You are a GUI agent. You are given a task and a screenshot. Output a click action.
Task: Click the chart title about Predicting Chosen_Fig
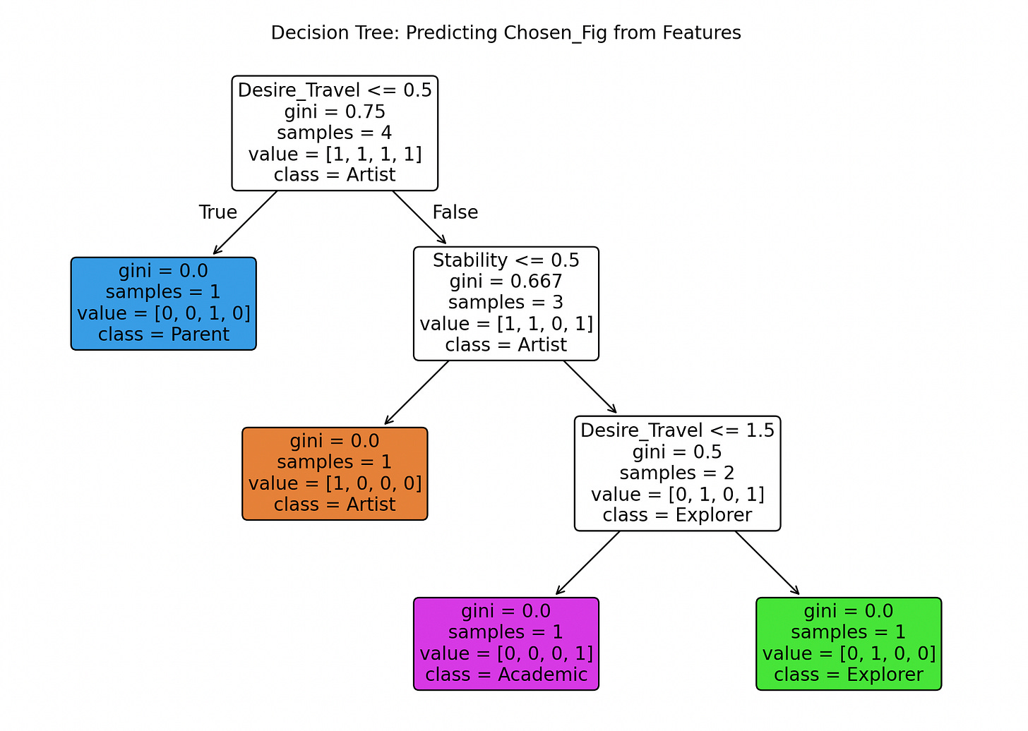(x=506, y=33)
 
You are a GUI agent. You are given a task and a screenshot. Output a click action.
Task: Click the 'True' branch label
(x=217, y=212)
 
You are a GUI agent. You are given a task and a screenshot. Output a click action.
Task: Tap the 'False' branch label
(x=455, y=212)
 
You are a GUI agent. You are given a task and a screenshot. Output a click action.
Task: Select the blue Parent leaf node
(x=163, y=303)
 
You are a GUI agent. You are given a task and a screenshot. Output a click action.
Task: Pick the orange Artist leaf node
(x=335, y=473)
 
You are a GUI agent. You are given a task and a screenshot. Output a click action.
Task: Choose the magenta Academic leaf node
(x=506, y=644)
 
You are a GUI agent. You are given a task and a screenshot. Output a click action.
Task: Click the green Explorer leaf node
(x=848, y=644)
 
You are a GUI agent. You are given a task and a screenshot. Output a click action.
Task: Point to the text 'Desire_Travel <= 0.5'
(x=335, y=90)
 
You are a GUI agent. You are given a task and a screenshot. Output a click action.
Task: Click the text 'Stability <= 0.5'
(x=506, y=260)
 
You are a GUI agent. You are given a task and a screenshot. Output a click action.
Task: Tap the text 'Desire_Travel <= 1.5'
(x=677, y=430)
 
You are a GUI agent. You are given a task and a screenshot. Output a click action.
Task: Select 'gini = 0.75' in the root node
(x=335, y=111)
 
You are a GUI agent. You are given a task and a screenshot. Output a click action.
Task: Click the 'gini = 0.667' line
(x=506, y=282)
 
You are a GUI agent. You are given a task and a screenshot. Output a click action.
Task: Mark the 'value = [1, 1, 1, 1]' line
(x=335, y=154)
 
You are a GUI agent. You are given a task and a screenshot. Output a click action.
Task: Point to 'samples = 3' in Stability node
(x=506, y=303)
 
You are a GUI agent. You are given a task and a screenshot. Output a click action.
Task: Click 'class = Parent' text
(x=163, y=334)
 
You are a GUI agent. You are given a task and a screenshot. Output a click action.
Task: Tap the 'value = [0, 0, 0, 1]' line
(x=506, y=653)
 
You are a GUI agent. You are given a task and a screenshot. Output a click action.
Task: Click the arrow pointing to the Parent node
(x=245, y=223)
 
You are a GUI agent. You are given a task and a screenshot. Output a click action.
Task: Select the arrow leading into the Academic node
(x=587, y=563)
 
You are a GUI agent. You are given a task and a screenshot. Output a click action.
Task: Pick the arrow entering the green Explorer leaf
(x=767, y=563)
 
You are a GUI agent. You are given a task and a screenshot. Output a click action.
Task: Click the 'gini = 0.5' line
(x=677, y=452)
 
